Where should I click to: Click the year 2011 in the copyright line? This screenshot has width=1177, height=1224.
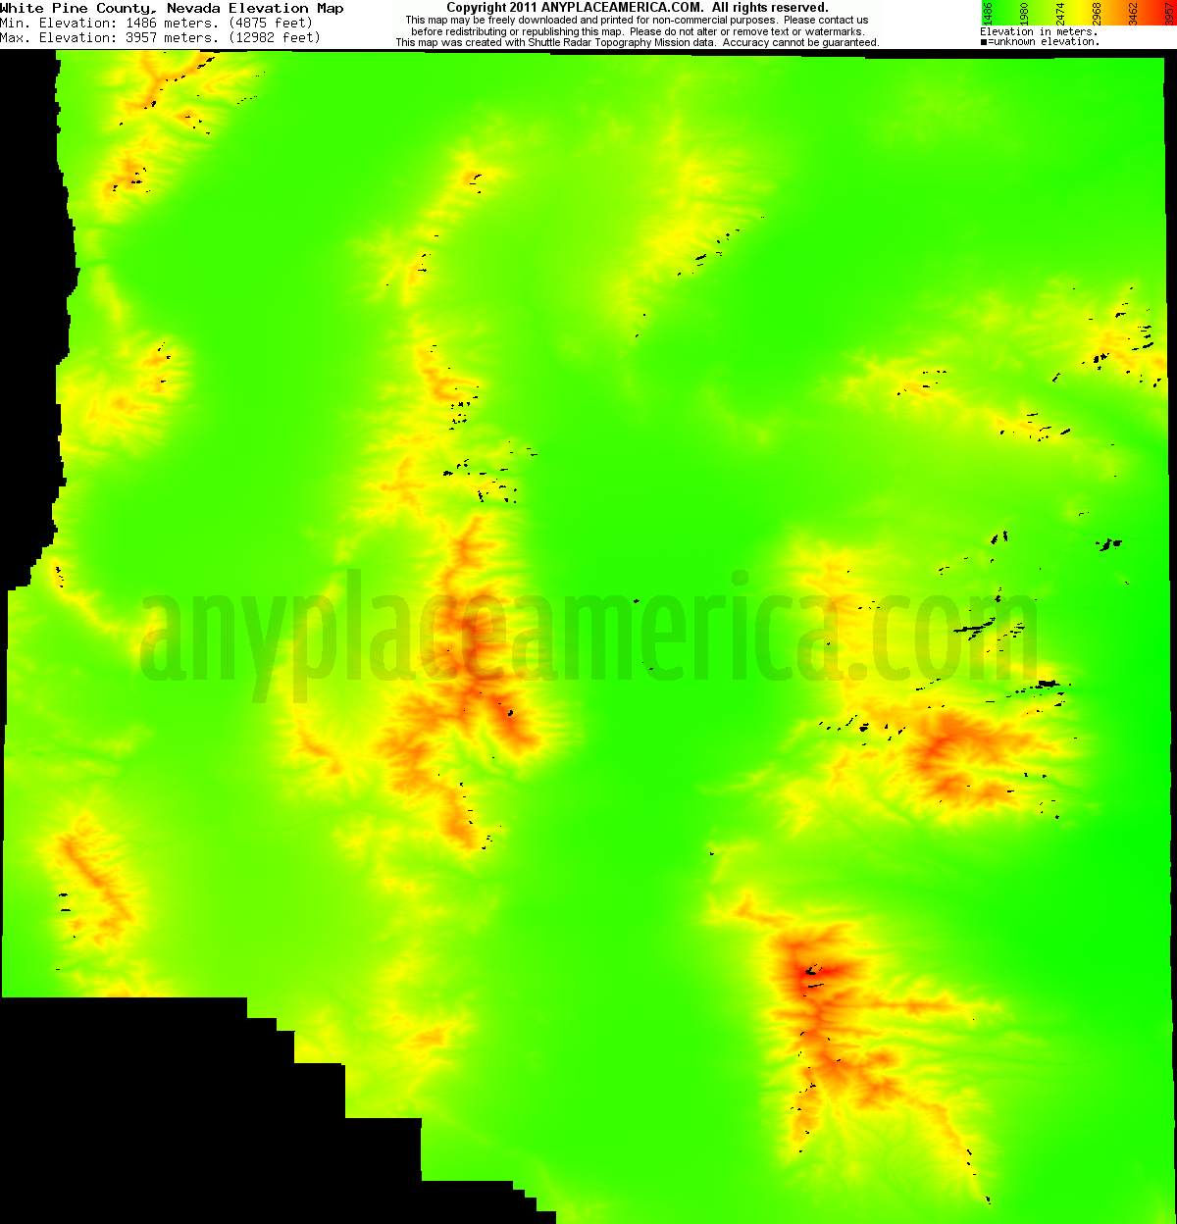pyautogui.click(x=523, y=8)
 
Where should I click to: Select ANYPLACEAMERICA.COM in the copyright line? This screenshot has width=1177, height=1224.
pyautogui.click(x=622, y=8)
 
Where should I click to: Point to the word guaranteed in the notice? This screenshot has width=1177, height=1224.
pyautogui.click(x=847, y=43)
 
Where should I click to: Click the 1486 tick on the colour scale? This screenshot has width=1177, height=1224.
pyautogui.click(x=988, y=13)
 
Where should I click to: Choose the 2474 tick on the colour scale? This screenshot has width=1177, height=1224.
pyautogui.click(x=1060, y=13)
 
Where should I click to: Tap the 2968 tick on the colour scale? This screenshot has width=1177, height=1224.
pyautogui.click(x=1097, y=13)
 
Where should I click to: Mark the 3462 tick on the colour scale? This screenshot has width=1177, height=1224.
pyautogui.click(x=1133, y=13)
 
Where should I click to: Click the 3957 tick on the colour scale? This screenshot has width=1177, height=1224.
pyautogui.click(x=1169, y=13)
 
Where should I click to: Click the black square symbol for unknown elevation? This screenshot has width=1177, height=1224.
pyautogui.click(x=984, y=42)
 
